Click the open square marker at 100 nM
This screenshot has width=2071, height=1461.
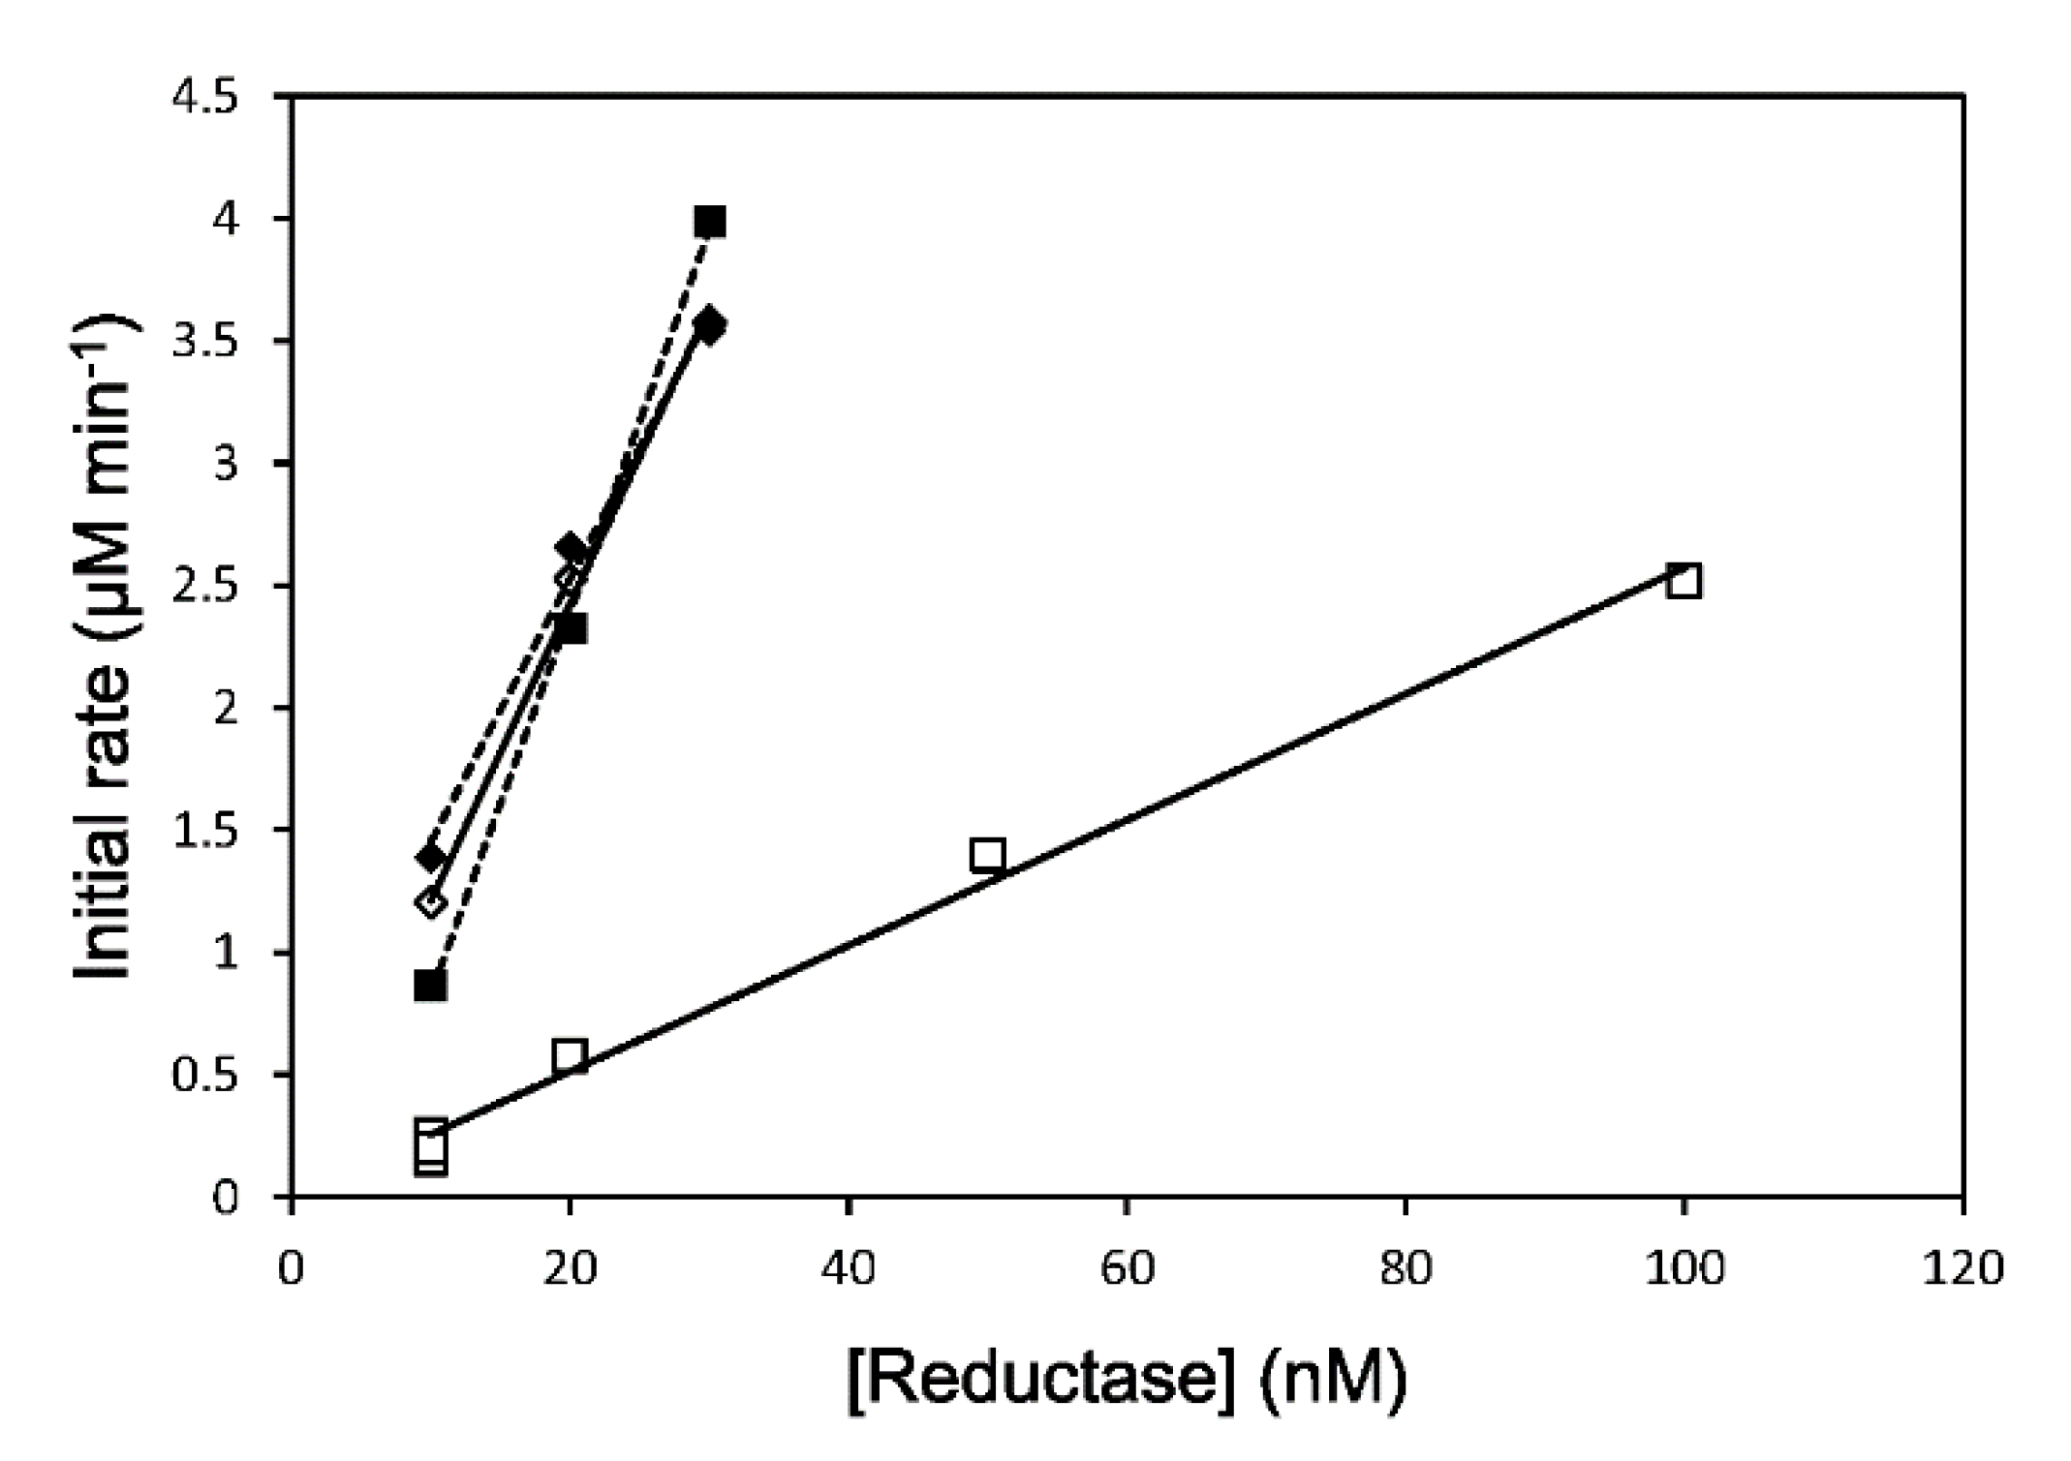click(x=1684, y=581)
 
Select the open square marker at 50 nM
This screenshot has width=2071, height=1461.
click(x=986, y=855)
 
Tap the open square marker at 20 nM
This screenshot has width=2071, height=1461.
click(x=570, y=1055)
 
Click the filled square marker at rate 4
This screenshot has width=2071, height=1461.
click(x=710, y=222)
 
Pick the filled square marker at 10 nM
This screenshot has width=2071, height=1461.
click(x=430, y=986)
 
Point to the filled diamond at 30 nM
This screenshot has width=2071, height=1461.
click(x=710, y=325)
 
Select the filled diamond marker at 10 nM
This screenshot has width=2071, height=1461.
click(x=430, y=858)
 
